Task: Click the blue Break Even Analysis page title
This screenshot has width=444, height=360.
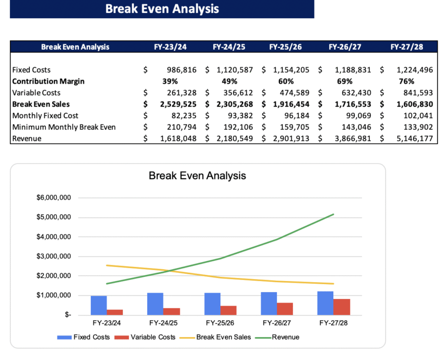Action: [162, 9]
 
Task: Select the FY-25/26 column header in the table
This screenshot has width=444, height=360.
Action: [285, 47]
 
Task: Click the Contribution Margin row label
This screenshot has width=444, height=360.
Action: [48, 81]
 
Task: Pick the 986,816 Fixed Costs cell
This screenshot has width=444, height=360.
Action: [181, 69]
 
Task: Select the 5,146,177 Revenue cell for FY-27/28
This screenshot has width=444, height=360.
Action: [414, 138]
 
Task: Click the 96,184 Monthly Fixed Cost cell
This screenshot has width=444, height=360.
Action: [296, 115]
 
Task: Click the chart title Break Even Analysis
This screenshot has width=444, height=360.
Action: [197, 176]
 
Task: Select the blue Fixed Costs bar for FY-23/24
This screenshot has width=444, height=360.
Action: [99, 305]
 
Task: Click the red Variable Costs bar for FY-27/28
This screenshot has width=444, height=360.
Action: [342, 307]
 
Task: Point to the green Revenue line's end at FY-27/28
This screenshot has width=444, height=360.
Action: [333, 214]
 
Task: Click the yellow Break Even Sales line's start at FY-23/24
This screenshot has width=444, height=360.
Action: [107, 265]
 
